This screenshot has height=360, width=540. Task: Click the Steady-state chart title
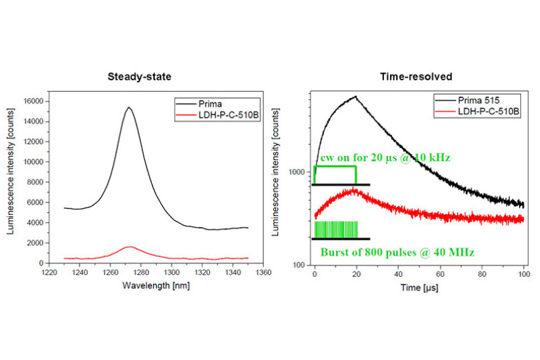pyautogui.click(x=139, y=76)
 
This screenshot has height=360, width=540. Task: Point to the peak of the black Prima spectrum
pyautogui.click(x=128, y=107)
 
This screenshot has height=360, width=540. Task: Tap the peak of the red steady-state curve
pyautogui.click(x=130, y=247)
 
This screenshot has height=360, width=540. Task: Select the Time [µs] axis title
pyautogui.click(x=419, y=287)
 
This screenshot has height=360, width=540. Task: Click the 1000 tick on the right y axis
pyautogui.click(x=298, y=172)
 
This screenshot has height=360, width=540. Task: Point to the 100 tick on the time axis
pyautogui.click(x=523, y=275)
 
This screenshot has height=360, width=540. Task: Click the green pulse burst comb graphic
pyautogui.click(x=335, y=229)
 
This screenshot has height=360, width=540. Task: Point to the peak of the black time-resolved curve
pyautogui.click(x=356, y=96)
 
